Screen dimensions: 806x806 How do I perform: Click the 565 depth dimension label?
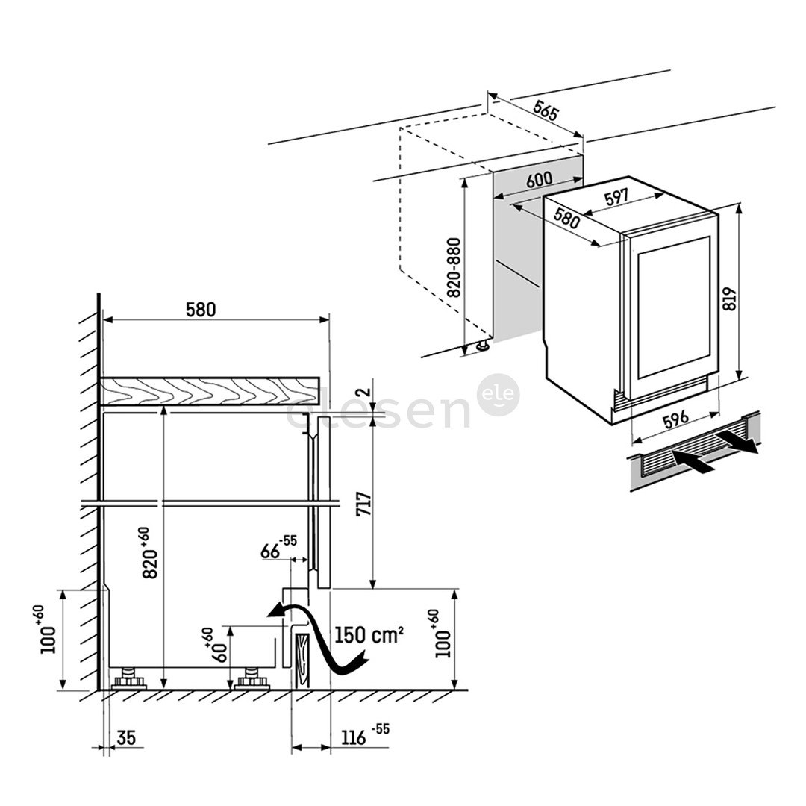(x=546, y=113)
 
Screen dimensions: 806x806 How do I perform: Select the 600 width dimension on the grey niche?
(x=539, y=180)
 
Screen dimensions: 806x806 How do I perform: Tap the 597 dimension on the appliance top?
(x=616, y=198)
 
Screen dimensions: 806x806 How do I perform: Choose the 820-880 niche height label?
(x=453, y=268)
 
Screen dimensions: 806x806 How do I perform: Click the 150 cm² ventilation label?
(x=369, y=635)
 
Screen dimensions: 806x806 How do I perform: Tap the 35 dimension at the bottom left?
(x=126, y=738)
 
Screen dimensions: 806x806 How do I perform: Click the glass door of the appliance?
(x=674, y=308)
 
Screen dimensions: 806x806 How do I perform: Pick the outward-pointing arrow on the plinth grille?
(x=737, y=442)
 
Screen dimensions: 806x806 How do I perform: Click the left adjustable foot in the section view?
(x=130, y=679)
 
